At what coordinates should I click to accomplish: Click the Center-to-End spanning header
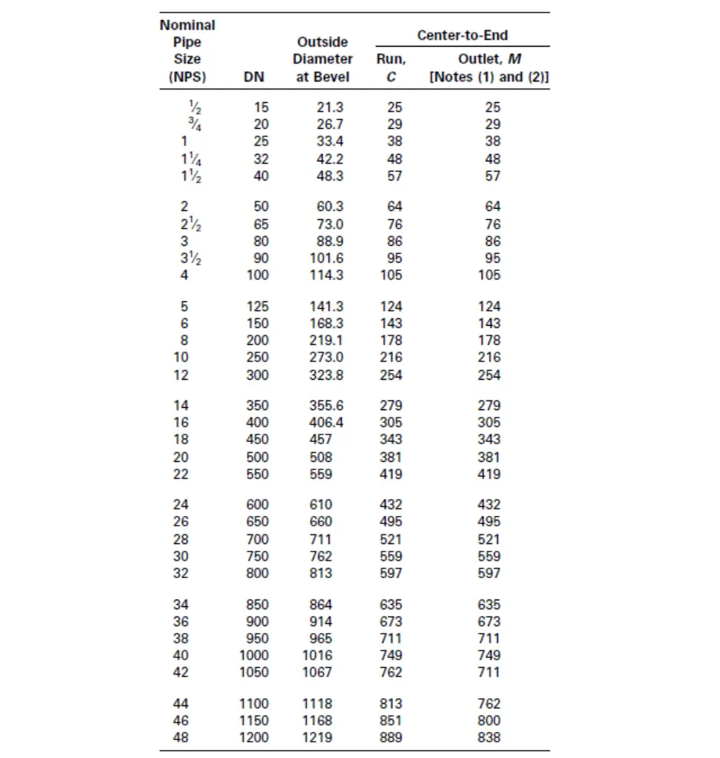(x=462, y=35)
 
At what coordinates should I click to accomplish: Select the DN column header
(x=254, y=76)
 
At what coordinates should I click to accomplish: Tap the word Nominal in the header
(x=187, y=24)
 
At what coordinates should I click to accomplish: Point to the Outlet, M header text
(x=489, y=59)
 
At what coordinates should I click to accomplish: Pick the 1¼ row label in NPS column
(x=188, y=159)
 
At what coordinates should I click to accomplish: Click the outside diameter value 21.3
(x=329, y=107)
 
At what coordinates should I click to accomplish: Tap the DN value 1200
(x=254, y=737)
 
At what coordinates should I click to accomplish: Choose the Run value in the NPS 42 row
(x=391, y=672)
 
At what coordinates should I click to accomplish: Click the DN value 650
(x=258, y=522)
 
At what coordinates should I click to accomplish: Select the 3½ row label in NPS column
(x=188, y=258)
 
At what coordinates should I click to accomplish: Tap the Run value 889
(x=391, y=737)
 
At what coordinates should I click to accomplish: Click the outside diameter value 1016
(x=317, y=655)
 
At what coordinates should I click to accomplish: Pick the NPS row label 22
(x=181, y=474)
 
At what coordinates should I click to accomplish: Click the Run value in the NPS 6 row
(x=391, y=323)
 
